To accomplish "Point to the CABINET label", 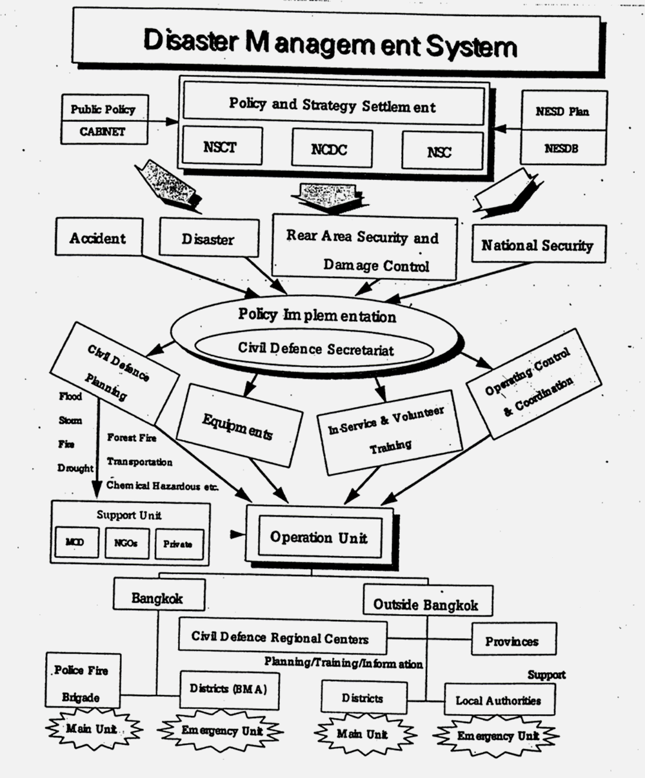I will pos(103,132).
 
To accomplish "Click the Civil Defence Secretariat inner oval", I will pos(316,348).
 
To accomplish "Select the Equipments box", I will pos(239,426).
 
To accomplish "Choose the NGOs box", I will pos(127,543).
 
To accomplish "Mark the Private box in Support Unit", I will pos(177,544).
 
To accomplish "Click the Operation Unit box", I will pos(319,537).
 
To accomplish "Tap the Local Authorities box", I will pos(499,700).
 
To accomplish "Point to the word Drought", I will pos(75,468).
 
